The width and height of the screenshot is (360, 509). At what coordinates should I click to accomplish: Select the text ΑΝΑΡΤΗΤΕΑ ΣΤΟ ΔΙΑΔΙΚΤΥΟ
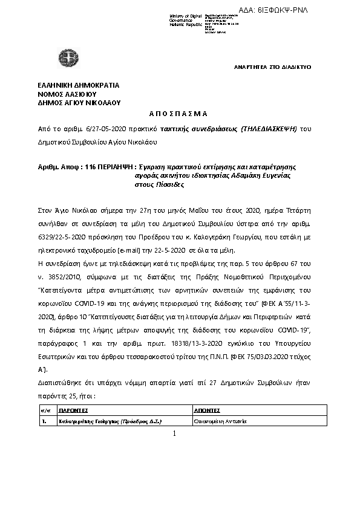click(272, 66)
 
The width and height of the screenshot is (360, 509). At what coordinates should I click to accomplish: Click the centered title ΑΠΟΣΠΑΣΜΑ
click(178, 114)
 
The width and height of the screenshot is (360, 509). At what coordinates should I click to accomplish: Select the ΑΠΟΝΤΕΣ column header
click(208, 410)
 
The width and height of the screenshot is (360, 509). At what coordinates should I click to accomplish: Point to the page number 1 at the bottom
click(174, 434)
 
